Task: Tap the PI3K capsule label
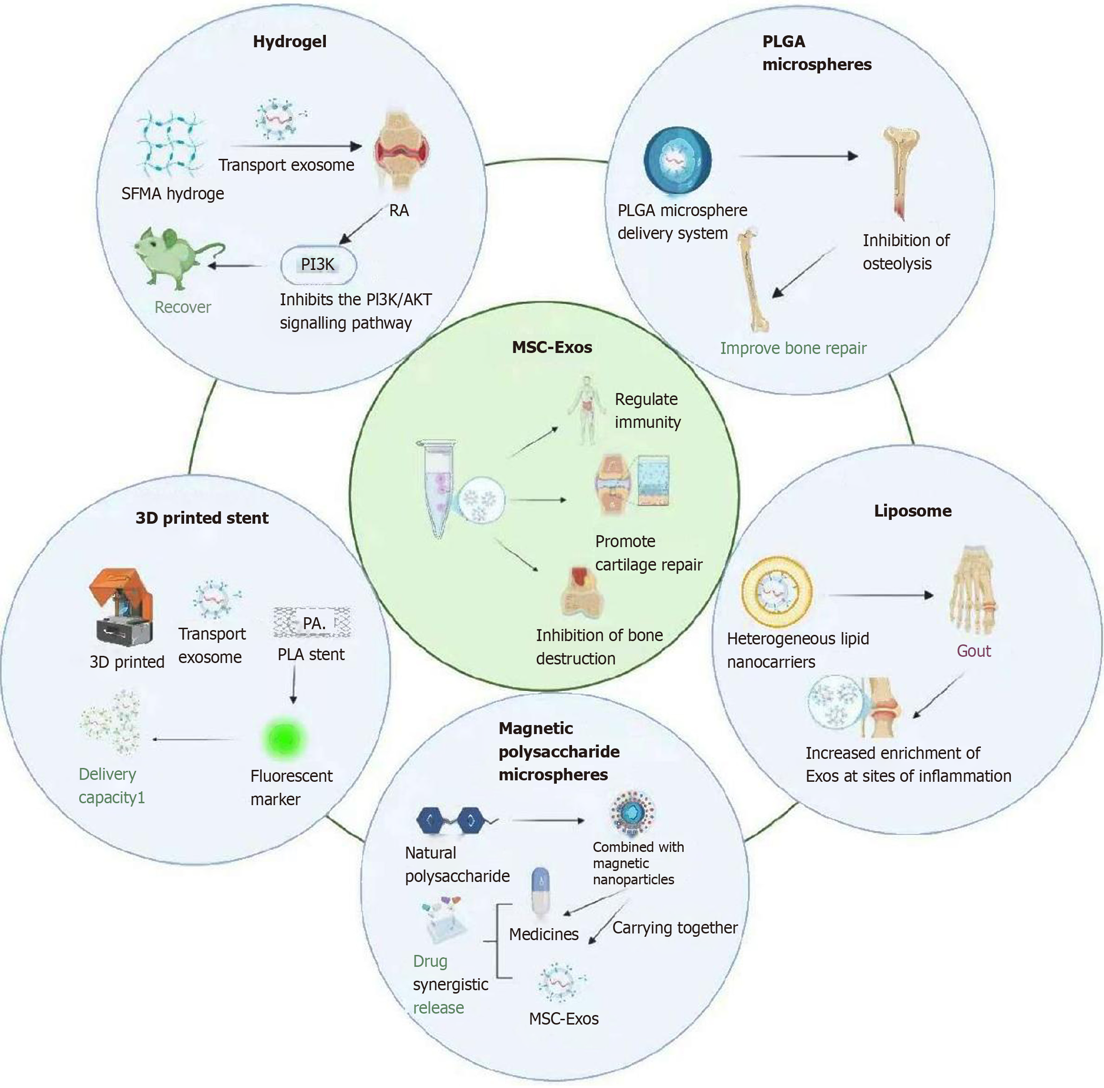[x=318, y=265]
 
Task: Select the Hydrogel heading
[x=290, y=41]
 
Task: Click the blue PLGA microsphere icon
[x=677, y=160]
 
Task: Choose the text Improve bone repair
[x=793, y=348]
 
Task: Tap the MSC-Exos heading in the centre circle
[x=552, y=347]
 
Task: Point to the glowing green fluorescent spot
[x=284, y=738]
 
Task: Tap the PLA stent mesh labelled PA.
[x=312, y=622]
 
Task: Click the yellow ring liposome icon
[x=777, y=592]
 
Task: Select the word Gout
[x=974, y=651]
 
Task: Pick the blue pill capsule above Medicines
[x=540, y=891]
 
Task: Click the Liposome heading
[x=913, y=511]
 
